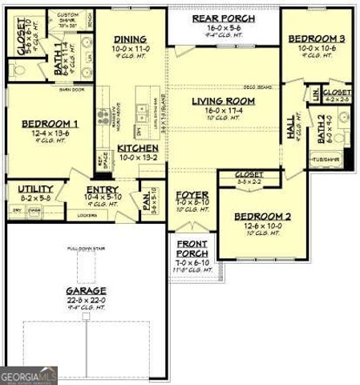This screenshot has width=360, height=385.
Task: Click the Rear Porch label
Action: (224, 18)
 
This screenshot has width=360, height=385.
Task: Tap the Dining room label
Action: (130, 38)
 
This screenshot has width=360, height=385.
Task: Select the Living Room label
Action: (224, 101)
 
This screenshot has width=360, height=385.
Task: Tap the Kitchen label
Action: (138, 148)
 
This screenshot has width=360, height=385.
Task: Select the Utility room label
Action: (36, 189)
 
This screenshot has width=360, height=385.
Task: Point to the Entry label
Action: (101, 190)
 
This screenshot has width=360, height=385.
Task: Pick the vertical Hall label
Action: (290, 128)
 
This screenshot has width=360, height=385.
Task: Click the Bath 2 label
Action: (322, 126)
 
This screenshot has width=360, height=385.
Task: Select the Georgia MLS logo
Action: (29, 375)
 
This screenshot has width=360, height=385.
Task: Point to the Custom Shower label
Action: (67, 18)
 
